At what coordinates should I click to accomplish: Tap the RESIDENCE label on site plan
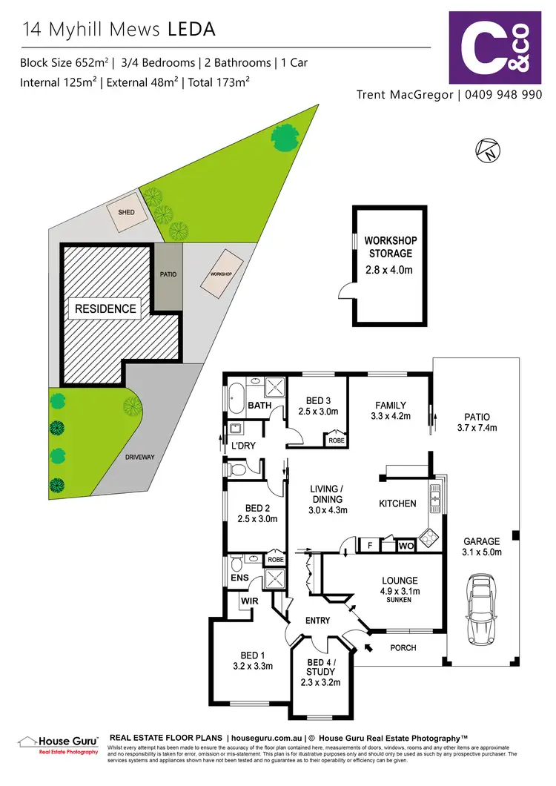(105, 308)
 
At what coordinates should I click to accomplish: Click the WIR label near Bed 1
(248, 601)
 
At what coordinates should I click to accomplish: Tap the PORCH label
(403, 647)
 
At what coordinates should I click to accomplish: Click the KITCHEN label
(397, 503)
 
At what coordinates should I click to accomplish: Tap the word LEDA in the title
(191, 30)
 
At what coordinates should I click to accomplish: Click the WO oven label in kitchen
(406, 545)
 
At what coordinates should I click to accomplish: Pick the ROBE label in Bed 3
(335, 440)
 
